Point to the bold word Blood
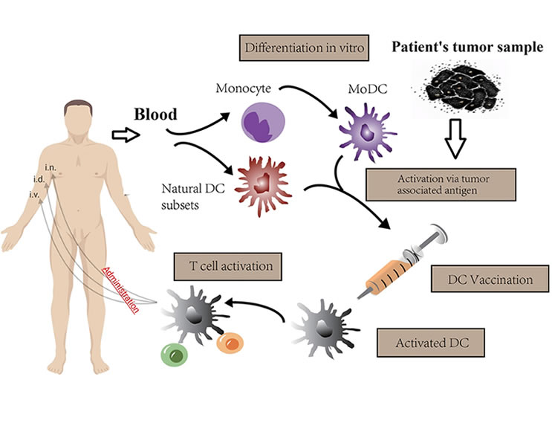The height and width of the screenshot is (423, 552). point(155,115)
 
